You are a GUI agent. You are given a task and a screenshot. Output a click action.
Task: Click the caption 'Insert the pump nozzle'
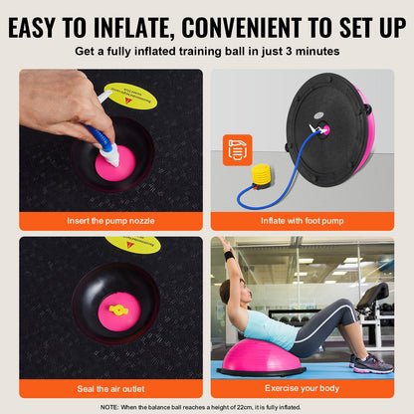point(109,219)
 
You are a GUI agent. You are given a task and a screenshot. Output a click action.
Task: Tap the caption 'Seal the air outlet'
point(109,387)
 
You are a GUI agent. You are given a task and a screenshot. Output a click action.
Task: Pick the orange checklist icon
point(237,149)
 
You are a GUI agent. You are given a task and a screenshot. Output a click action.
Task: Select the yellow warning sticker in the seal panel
point(133,243)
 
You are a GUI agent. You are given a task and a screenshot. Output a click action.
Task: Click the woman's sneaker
point(375,362)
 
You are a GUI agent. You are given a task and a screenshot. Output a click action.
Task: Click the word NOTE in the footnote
point(110,406)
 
